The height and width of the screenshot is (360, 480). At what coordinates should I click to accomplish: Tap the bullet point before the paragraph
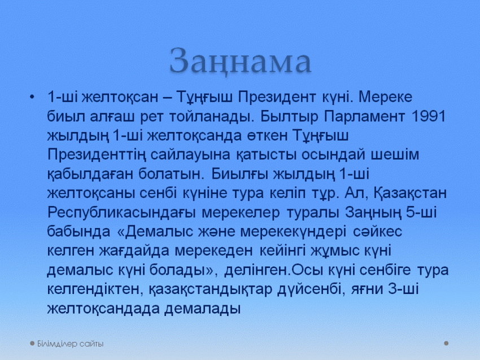(32, 97)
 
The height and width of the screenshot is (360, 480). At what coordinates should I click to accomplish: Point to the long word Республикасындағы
(121, 213)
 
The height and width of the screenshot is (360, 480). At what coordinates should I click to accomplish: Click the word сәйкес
(377, 231)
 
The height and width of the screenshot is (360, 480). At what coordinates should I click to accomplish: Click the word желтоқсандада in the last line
(103, 309)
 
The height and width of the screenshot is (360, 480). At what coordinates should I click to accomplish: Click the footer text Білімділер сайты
(71, 344)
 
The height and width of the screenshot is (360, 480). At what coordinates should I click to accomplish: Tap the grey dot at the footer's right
(446, 344)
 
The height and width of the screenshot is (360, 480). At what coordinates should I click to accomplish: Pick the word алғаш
(112, 116)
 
